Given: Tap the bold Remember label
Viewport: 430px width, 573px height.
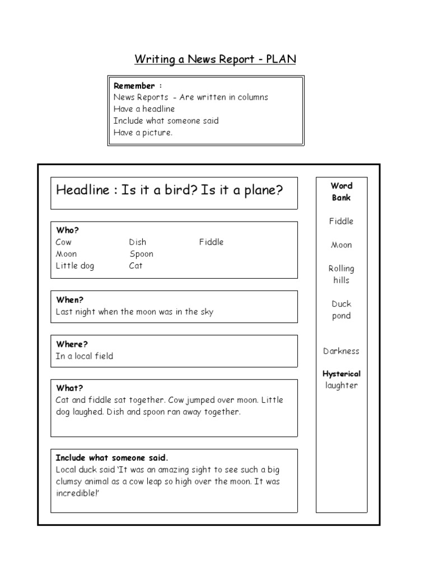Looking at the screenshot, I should (x=134, y=86).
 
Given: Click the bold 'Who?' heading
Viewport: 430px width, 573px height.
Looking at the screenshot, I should (x=67, y=231).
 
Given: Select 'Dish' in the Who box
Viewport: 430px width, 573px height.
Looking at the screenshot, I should (x=137, y=242).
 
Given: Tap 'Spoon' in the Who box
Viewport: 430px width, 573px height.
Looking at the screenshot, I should (x=141, y=254).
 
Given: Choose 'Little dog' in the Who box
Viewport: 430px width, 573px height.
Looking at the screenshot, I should (x=75, y=266).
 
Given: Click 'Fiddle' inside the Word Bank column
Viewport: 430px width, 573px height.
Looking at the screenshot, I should (x=341, y=221).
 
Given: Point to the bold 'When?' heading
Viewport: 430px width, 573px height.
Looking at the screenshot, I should (x=69, y=300).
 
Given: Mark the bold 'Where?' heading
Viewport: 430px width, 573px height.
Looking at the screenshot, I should (x=72, y=344).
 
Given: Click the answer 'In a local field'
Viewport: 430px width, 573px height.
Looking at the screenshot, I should (x=85, y=356).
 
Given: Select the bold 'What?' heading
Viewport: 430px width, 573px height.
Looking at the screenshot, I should (x=69, y=388).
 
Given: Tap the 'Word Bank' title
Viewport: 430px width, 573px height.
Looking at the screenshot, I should (x=341, y=191).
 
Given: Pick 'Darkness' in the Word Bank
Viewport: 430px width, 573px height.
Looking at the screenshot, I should (x=341, y=351).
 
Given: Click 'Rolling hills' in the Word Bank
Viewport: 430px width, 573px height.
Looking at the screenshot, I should (x=341, y=274).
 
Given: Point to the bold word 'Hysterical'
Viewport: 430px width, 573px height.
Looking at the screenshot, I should (x=341, y=374).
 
